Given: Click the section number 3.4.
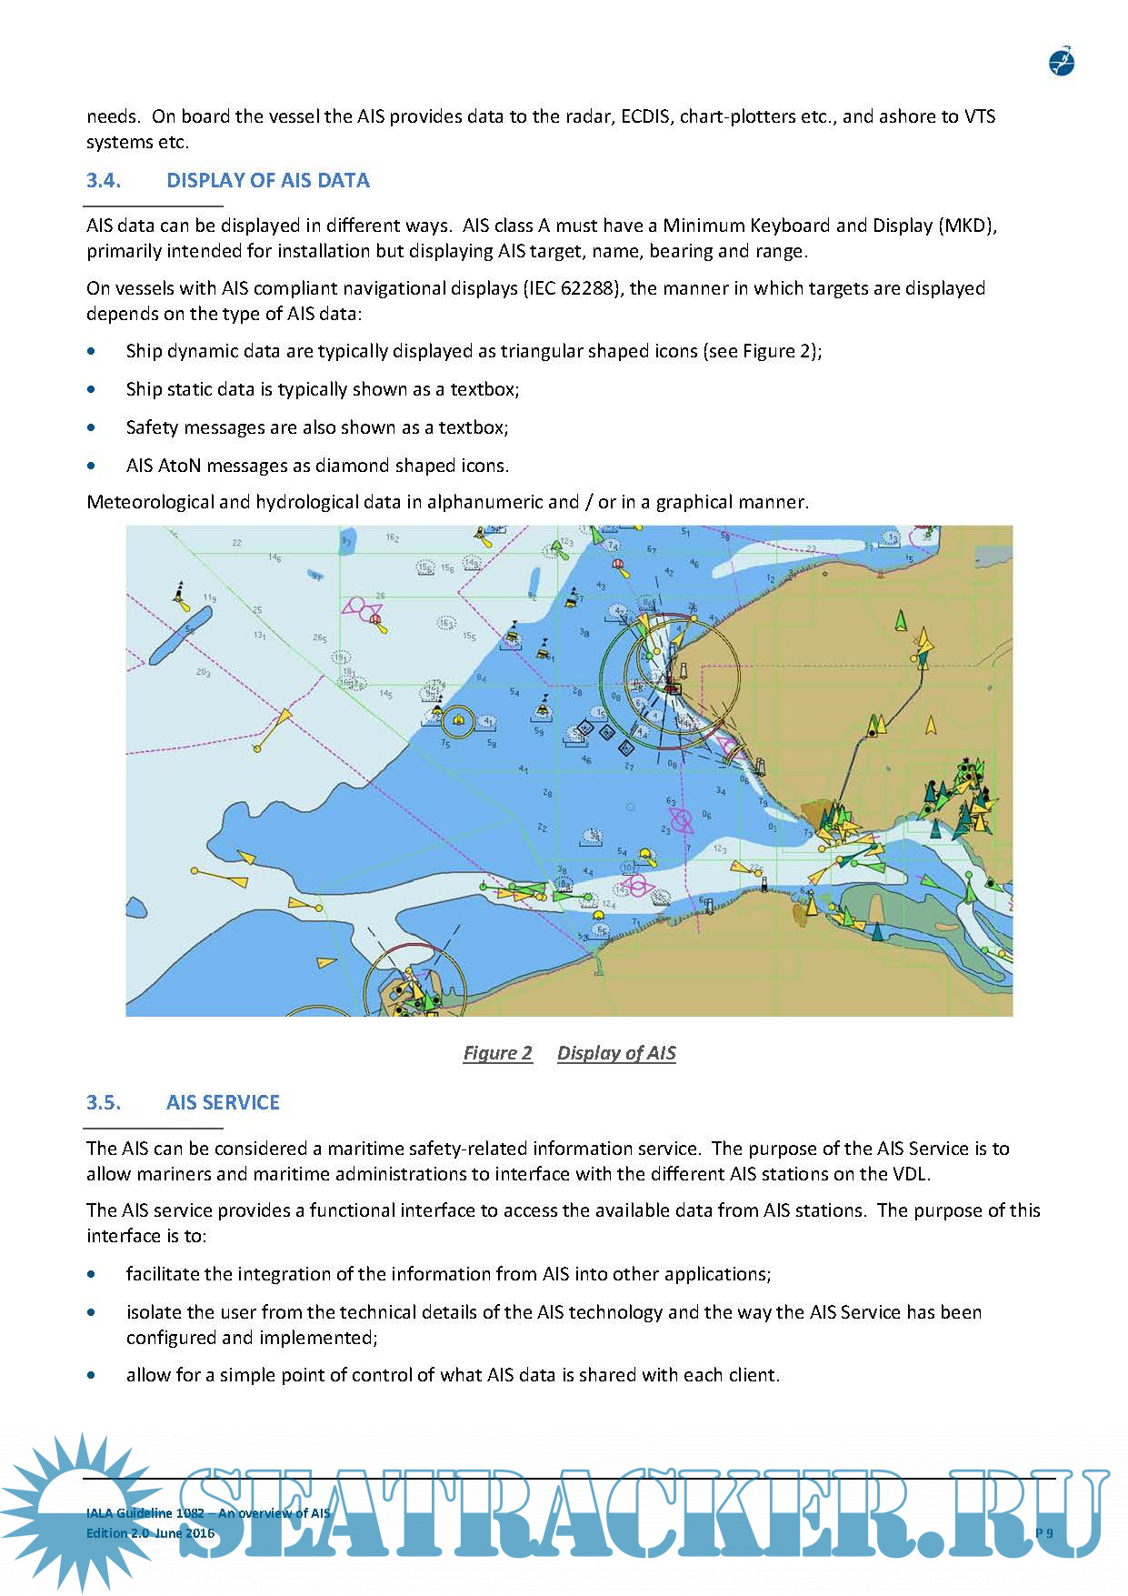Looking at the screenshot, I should click(x=103, y=180).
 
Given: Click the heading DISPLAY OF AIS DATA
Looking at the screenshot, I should click(x=267, y=180).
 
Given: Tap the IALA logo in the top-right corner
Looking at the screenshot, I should click(x=1062, y=63).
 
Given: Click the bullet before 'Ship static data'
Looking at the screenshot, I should click(x=91, y=389).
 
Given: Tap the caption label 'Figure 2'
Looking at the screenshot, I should click(x=497, y=1053).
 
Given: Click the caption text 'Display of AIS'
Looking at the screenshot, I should click(x=616, y=1053).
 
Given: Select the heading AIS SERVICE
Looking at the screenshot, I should click(x=223, y=1102).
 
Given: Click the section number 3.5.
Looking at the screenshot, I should click(x=103, y=1102).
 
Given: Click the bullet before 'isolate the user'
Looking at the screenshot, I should click(x=91, y=1312).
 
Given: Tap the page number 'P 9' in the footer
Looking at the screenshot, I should click(x=1044, y=1533).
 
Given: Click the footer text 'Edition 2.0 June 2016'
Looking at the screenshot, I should click(x=150, y=1533).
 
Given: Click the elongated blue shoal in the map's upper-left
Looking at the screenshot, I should click(x=180, y=634).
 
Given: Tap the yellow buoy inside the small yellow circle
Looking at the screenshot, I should click(x=458, y=722).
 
